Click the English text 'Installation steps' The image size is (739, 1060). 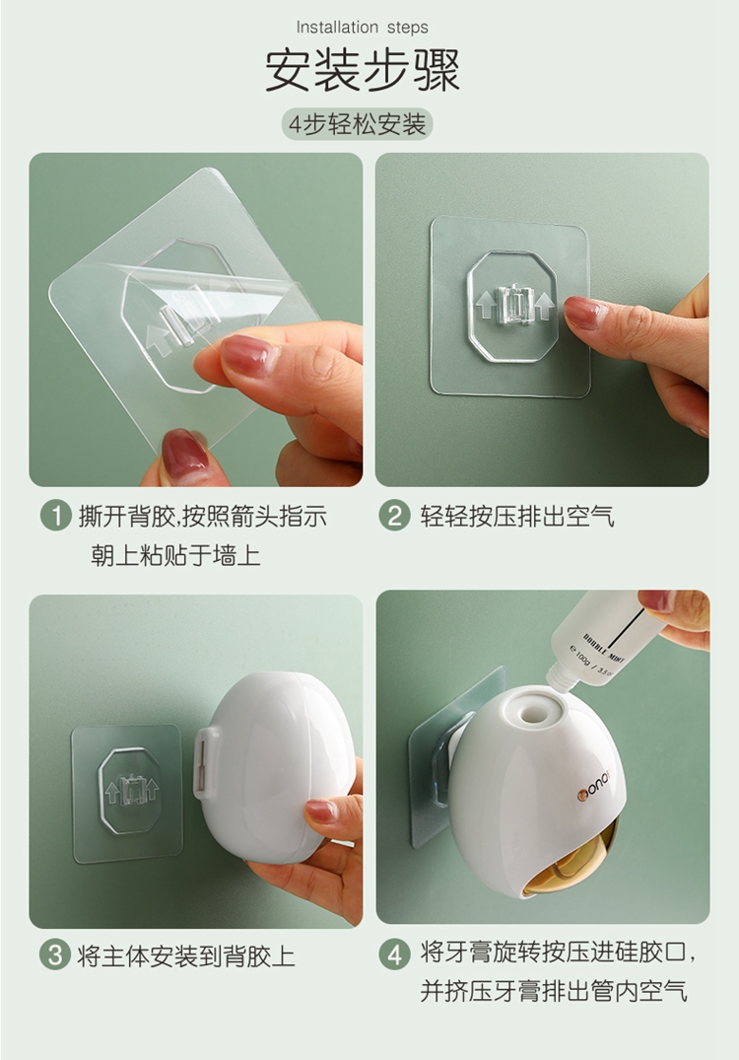362,27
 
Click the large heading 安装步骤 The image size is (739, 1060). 363,70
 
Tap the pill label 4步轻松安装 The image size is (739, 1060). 358,124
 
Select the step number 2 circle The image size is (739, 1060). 394,517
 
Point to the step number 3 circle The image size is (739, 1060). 55,955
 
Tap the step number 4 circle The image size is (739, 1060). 394,954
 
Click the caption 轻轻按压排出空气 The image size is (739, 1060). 517,517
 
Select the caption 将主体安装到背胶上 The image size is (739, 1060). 187,955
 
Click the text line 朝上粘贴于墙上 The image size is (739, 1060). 175,556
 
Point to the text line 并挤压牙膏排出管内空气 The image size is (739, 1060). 554,991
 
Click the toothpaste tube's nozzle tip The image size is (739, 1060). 558,683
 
